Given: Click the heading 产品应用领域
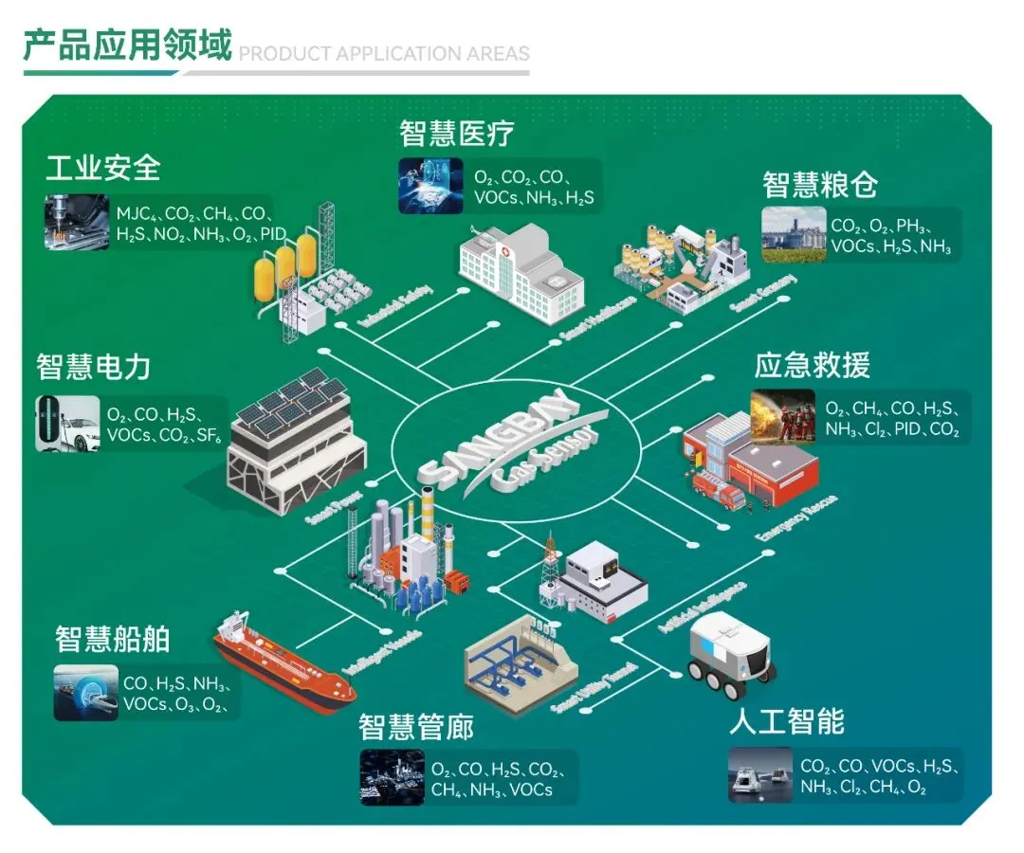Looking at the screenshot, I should pos(127,45).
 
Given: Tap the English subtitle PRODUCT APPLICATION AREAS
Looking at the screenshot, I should pos(384,53).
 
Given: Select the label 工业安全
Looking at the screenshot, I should pos(103,168).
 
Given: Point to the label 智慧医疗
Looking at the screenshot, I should pos(457,133).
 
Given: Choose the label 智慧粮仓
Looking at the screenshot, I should pos(820,184).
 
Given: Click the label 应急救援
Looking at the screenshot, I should pos(812,365).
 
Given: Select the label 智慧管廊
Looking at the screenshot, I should pos(416,728).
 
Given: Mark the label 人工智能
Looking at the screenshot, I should pos(787,722).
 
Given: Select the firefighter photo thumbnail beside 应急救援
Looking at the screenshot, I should pos(783,417).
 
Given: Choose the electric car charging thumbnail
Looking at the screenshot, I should pos(67,424).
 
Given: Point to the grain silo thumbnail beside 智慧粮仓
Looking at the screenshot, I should pos(794,234).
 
